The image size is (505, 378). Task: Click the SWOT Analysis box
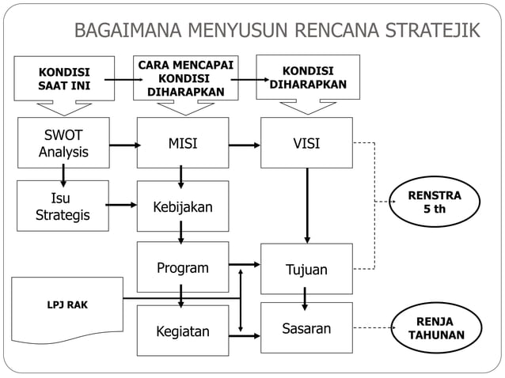[x=63, y=143]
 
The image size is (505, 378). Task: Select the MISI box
[x=183, y=143]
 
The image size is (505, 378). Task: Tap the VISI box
[x=306, y=143]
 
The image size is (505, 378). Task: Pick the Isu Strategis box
[x=63, y=206]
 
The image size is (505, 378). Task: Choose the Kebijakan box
[x=183, y=206]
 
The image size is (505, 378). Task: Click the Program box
[x=183, y=267]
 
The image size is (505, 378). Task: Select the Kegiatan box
[x=183, y=331]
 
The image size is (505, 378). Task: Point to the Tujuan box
[x=306, y=269]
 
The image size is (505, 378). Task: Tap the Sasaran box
[x=306, y=327]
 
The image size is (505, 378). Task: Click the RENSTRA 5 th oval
[x=435, y=202]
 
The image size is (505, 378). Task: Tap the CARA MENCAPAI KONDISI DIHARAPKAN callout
[x=185, y=78]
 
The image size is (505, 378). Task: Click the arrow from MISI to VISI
[x=245, y=145]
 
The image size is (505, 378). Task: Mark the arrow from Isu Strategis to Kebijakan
[x=122, y=206]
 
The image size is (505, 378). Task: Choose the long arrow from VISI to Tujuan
[x=307, y=206]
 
